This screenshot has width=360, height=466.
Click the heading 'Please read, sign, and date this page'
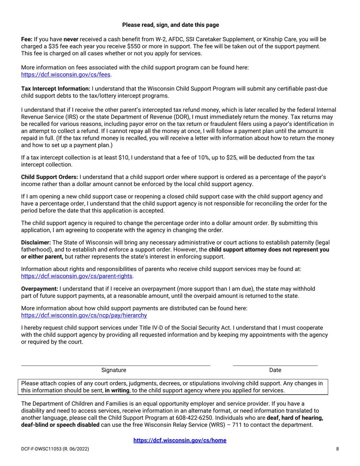click(171, 25)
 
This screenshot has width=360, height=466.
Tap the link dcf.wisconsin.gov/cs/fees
click(66, 75)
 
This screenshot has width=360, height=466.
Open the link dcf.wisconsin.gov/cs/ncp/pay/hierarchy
click(84, 315)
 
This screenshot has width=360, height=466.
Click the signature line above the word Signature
click(115, 365)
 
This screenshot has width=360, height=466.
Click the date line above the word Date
click(275, 365)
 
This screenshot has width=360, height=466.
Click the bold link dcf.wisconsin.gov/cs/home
click(180, 440)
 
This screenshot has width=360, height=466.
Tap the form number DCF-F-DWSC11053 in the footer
click(44, 449)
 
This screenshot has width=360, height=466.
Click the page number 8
click(337, 449)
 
